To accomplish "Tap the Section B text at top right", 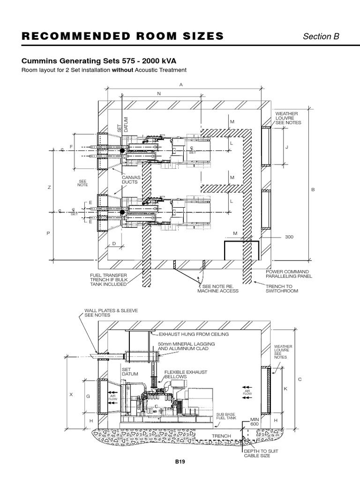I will (x=321, y=37).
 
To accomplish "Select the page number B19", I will (x=180, y=462).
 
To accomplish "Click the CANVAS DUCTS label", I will (x=130, y=180).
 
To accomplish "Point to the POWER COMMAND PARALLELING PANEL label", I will (x=287, y=274).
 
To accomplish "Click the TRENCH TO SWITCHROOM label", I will (x=282, y=288).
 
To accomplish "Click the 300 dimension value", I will (x=289, y=237).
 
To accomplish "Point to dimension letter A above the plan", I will (x=180, y=84).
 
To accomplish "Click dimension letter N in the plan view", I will (x=159, y=93).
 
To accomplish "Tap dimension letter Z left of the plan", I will (x=48, y=187).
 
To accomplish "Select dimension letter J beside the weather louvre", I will (x=287, y=147).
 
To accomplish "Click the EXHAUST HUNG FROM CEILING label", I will (x=193, y=334).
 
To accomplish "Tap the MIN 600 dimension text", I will (x=254, y=421).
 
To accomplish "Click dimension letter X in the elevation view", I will (x=71, y=395).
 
